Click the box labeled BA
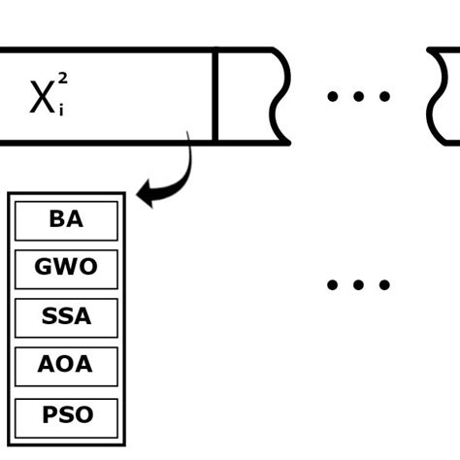point(66,220)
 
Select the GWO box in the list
point(66,269)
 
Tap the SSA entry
point(66,317)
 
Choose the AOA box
point(66,366)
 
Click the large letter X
point(42,98)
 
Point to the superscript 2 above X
point(63,78)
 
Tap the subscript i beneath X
point(61,111)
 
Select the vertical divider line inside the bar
point(214,96)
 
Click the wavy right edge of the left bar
point(282,96)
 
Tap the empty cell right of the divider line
point(246,96)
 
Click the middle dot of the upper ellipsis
point(358,96)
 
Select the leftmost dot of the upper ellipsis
point(333,96)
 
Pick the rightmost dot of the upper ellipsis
point(384,96)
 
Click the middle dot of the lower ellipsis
point(358,285)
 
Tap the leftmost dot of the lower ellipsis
point(333,285)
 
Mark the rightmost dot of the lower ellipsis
point(384,285)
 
